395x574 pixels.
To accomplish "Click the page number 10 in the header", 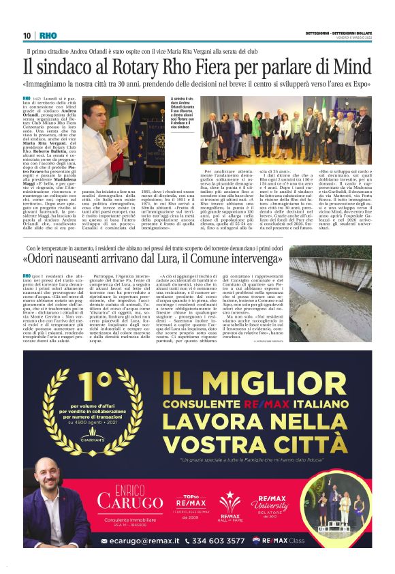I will point(27,35).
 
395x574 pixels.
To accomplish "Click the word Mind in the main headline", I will point(352,67).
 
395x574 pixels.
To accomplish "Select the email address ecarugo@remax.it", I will point(134,541).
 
